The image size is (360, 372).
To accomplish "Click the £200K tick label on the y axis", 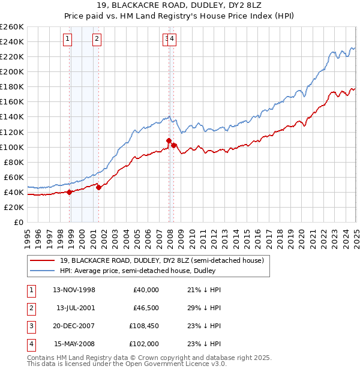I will coord(11,71).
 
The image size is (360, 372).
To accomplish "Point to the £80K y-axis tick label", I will coord(13,162).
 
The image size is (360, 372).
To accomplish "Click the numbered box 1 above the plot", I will coord(67,40).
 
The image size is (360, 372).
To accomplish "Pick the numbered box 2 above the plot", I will coord(97,40).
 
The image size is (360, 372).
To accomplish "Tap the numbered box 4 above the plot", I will coord(172,40).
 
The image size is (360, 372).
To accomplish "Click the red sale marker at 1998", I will coord(70,192).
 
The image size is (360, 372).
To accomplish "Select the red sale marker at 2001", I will coord(98,187).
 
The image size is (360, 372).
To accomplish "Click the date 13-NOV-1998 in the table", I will coord(74,290).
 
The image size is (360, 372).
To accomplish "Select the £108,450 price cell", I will coord(144,326).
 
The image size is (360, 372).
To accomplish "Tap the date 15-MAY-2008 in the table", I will coord(74,344).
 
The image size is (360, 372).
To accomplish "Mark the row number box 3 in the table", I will coord(29,326).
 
